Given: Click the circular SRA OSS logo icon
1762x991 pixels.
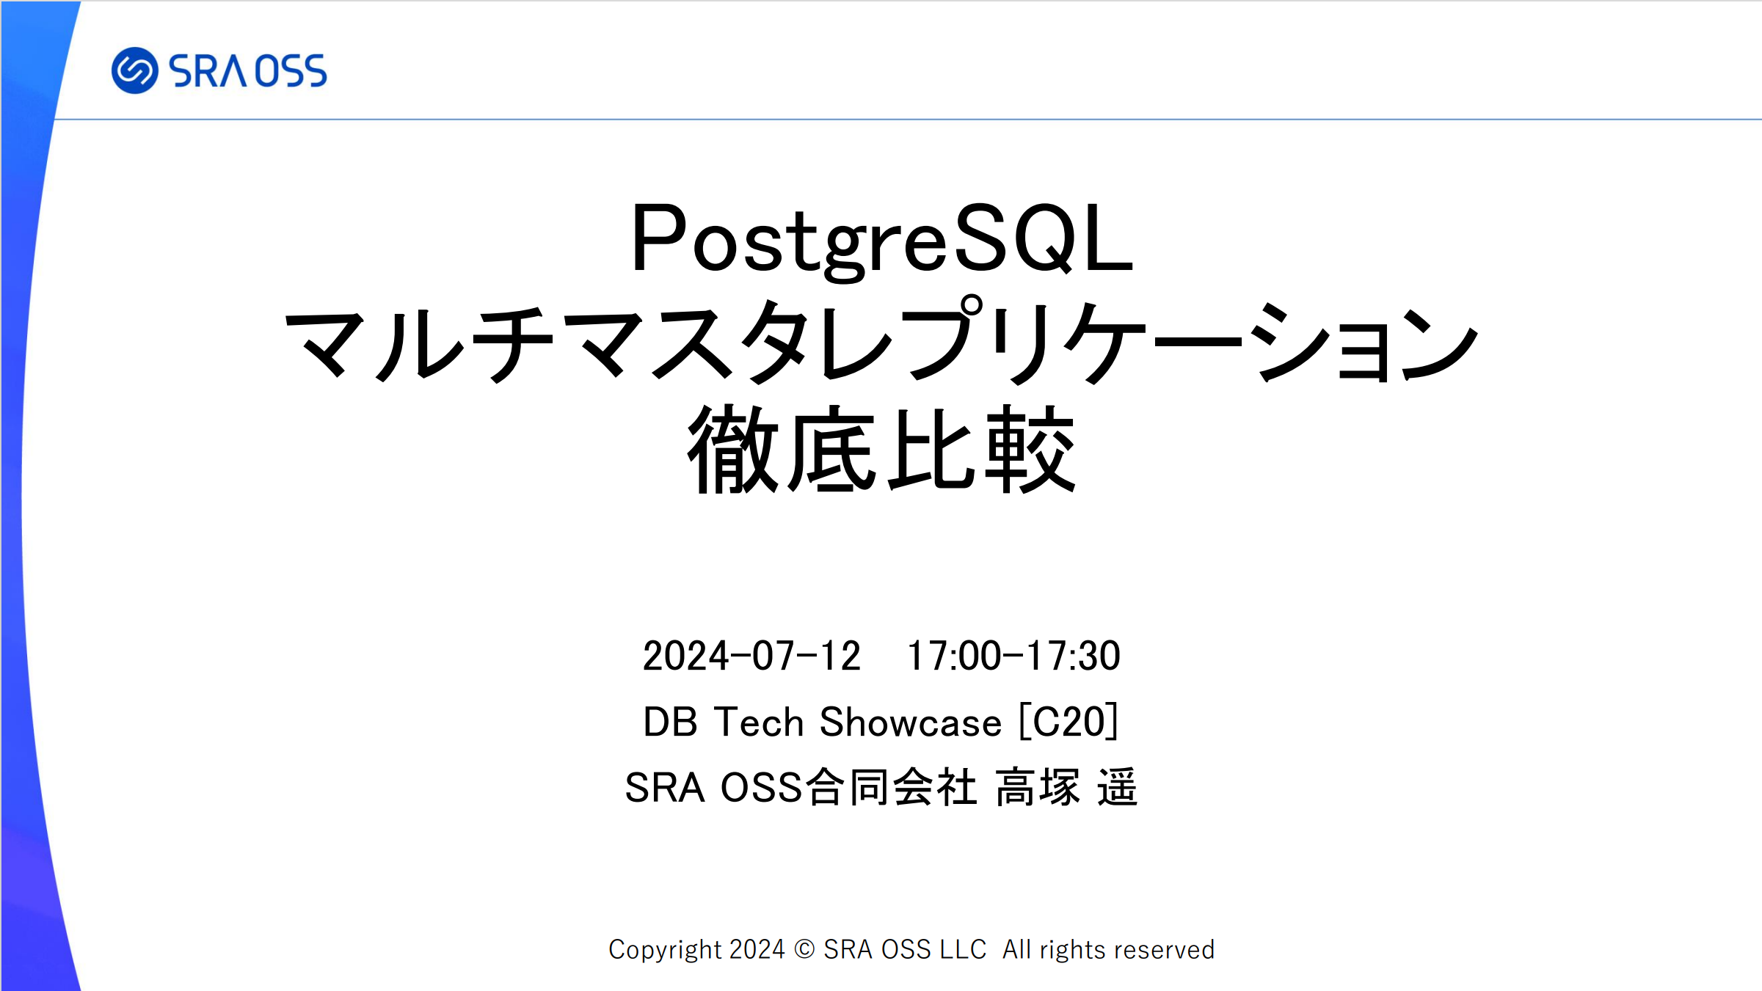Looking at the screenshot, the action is [x=134, y=70].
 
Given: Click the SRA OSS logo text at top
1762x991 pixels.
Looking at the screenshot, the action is [x=248, y=71].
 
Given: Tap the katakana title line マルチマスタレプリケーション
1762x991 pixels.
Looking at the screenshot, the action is [x=881, y=343].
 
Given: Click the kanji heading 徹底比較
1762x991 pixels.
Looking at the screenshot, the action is [x=881, y=449].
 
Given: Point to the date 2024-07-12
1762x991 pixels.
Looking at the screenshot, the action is [x=751, y=656].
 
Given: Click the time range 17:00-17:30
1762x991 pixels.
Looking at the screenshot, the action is [x=1014, y=656].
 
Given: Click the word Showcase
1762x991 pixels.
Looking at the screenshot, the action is [x=910, y=722].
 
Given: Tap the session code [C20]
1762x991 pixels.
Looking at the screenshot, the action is [x=1069, y=722].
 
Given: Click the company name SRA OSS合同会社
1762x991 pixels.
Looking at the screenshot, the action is [x=801, y=787].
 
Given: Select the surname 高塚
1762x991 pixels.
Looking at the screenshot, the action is [x=1038, y=787].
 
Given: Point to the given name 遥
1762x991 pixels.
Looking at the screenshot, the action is [x=1117, y=787].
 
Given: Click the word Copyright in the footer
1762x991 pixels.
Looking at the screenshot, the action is [x=666, y=950].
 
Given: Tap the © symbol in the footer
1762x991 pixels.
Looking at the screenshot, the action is [x=804, y=949].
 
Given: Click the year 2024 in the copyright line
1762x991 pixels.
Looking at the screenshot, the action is [x=757, y=949].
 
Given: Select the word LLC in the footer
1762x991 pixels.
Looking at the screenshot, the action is [x=963, y=949].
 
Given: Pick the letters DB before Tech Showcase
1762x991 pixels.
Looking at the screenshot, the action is [x=670, y=722].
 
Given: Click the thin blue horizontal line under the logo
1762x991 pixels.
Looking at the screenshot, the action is [x=909, y=119].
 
